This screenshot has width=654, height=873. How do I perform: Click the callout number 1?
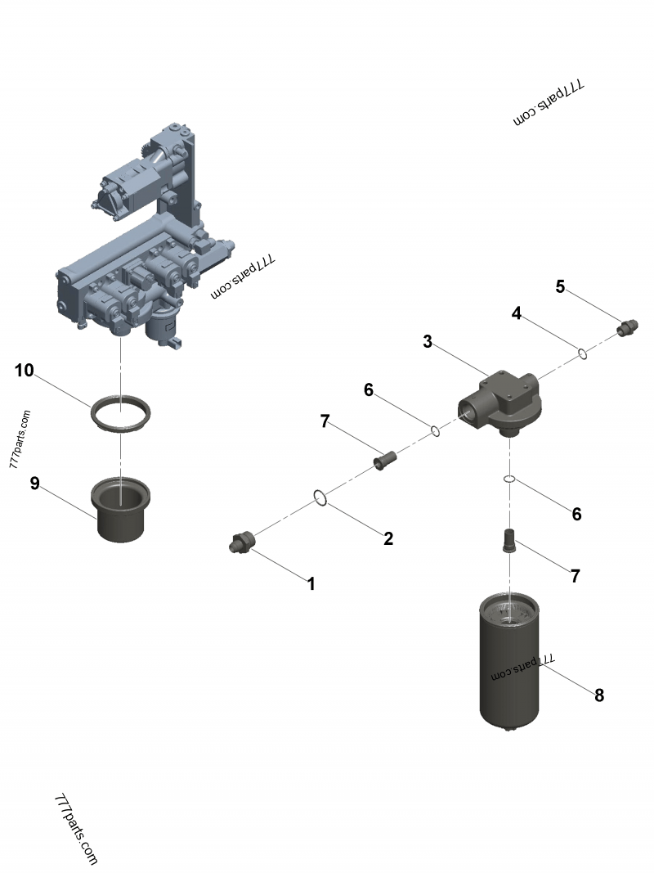tap(311, 583)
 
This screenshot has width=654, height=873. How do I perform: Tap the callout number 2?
tap(388, 538)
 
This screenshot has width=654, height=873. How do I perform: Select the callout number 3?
tap(427, 341)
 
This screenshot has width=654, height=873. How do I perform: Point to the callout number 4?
tap(517, 313)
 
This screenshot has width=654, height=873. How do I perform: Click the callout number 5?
tap(560, 286)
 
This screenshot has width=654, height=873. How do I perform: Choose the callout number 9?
tap(34, 484)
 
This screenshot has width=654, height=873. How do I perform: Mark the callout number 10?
tap(25, 371)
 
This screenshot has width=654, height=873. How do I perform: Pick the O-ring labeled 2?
tap(321, 497)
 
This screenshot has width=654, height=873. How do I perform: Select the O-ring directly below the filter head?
tap(508, 479)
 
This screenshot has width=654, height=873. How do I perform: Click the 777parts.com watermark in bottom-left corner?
tap(76, 829)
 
